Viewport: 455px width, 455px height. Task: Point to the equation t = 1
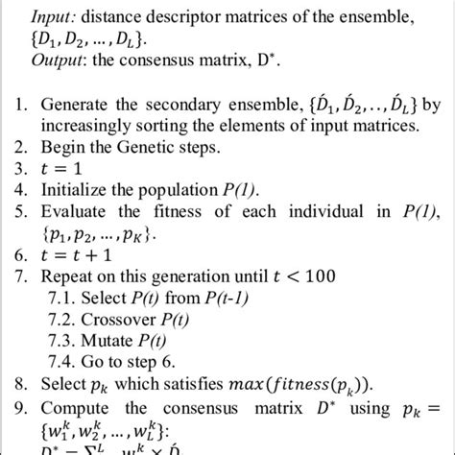tap(63, 170)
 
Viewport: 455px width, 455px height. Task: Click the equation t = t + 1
tap(84, 254)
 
